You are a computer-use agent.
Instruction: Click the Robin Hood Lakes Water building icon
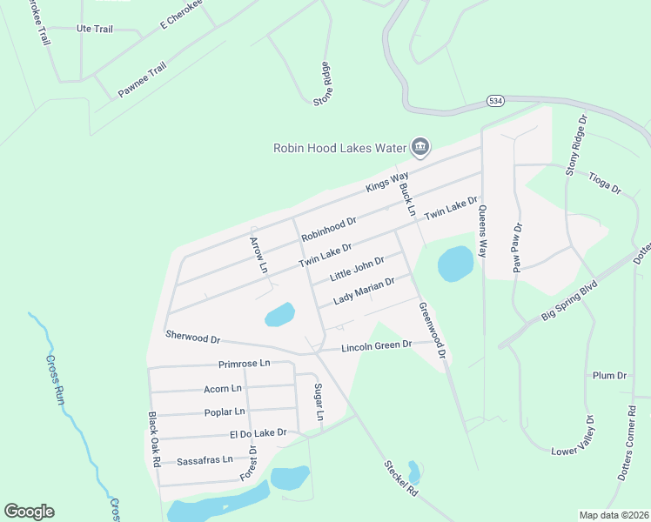coord(419,146)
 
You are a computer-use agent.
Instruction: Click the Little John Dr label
coord(357,268)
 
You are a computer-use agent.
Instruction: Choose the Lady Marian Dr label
coord(364,291)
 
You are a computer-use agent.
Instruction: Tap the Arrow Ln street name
coord(258,255)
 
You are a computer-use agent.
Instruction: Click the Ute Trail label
coord(95,29)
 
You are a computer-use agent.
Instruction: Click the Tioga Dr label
coord(605,182)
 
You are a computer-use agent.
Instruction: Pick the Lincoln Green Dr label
coord(376,346)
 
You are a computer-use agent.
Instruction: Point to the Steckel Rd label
coord(400,478)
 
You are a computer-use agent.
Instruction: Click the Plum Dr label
coord(609,375)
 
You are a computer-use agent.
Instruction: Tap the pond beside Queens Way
coord(454,264)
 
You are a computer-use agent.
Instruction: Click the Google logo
coord(29,512)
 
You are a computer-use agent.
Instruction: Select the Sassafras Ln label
coord(205,459)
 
